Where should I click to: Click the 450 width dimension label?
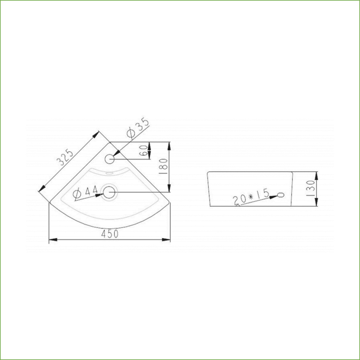pyautogui.click(x=110, y=234)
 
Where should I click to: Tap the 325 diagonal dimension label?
pyautogui.click(x=66, y=157)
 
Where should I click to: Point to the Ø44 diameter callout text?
pyautogui.click(x=85, y=193)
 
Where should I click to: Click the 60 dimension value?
pyautogui.click(x=144, y=150)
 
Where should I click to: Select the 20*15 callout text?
pyautogui.click(x=251, y=197)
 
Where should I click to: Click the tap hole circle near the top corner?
pyautogui.click(x=110, y=159)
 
